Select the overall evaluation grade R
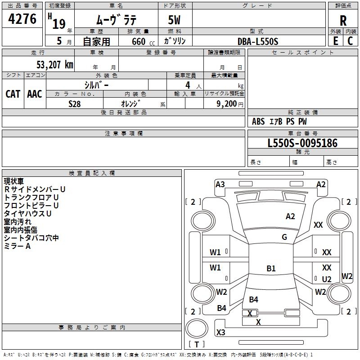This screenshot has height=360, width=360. click(x=343, y=21)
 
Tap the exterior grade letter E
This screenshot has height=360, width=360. click(x=335, y=41)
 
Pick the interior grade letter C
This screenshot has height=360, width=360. click(x=350, y=41)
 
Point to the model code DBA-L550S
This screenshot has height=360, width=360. click(x=258, y=41)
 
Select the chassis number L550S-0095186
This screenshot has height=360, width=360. click(x=302, y=143)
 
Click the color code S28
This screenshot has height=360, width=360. click(x=74, y=103)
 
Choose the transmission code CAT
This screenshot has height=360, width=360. click(x=13, y=94)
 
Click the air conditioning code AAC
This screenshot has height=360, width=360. click(x=34, y=94)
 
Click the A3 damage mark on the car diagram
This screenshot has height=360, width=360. click(x=220, y=184)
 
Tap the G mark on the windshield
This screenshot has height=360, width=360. click(x=284, y=237)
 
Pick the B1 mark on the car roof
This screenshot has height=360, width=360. click(x=271, y=269)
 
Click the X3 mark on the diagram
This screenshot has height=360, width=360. click(x=220, y=333)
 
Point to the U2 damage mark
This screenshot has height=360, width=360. click(x=327, y=279)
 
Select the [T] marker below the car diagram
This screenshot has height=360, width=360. click(x=196, y=344)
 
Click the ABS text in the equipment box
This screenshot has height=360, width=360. click(x=258, y=121)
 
